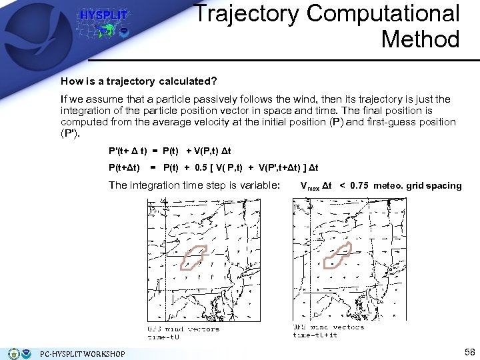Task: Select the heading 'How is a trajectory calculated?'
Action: (139, 81)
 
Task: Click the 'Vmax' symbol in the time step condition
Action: (309, 186)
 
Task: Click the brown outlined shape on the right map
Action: (337, 255)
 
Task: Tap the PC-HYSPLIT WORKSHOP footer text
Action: (82, 353)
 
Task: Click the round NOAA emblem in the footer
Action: (15, 353)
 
